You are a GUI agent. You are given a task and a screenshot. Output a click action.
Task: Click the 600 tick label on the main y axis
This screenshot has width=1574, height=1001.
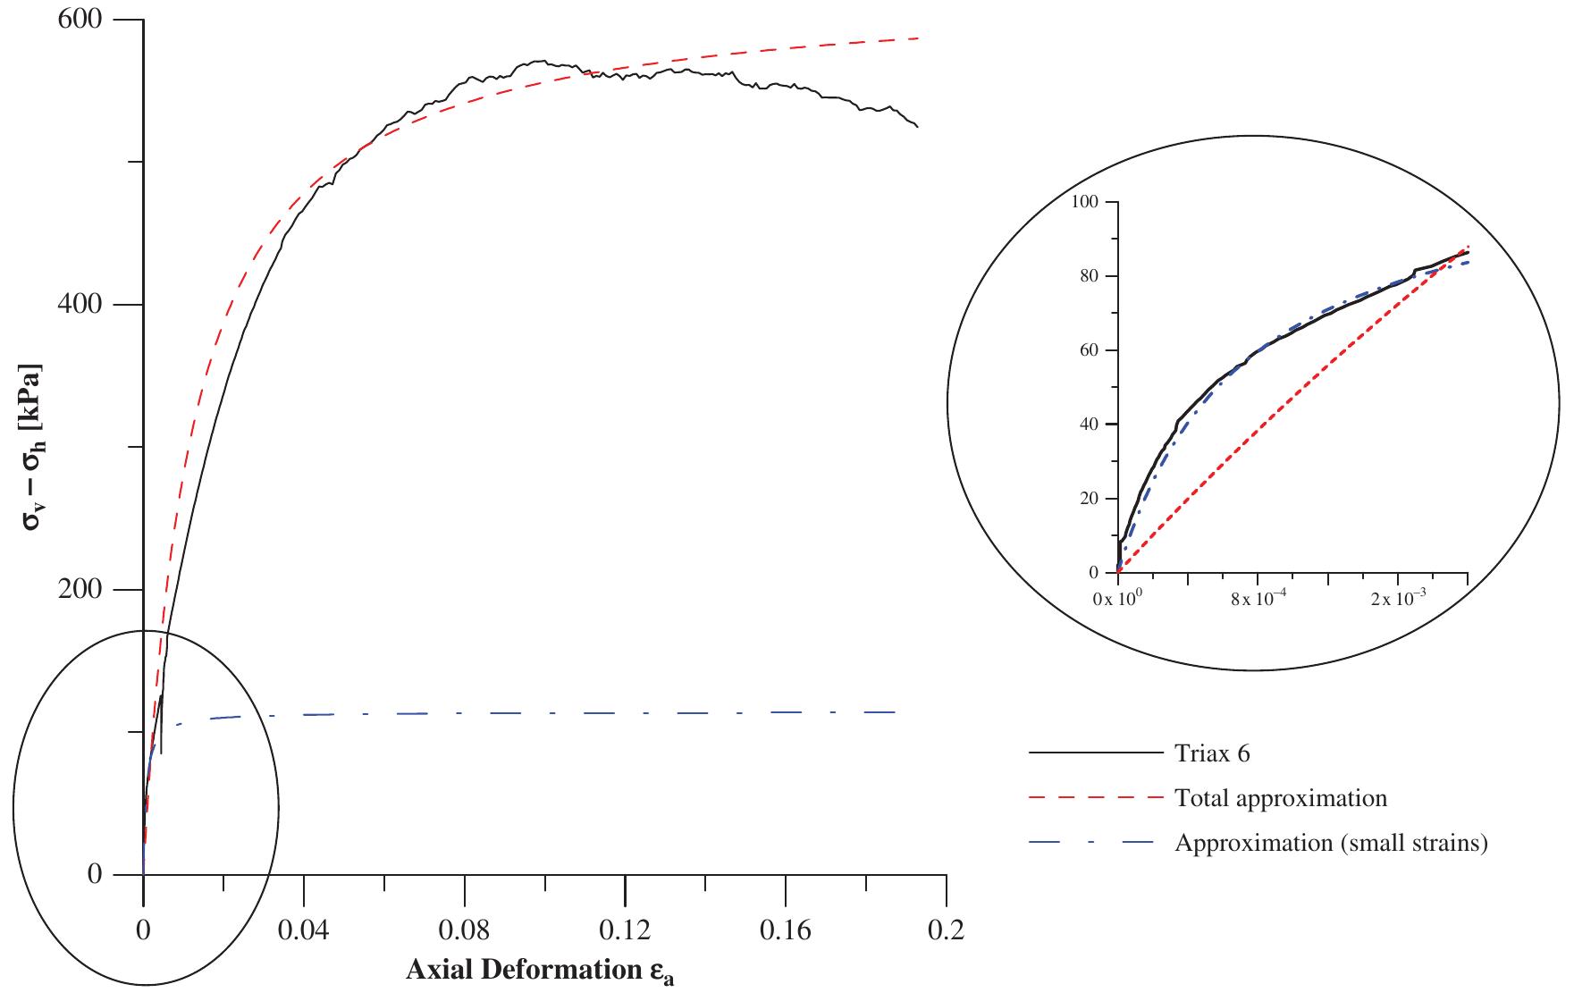pos(81,20)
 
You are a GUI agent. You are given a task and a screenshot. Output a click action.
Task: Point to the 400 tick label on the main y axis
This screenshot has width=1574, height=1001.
pos(81,305)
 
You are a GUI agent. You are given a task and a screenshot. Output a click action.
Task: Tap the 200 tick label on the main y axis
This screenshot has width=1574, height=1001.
pos(81,590)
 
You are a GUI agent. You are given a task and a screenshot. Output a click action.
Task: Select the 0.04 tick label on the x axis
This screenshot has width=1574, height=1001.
pos(303,931)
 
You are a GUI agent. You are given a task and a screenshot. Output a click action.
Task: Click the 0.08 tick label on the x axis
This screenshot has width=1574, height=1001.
pos(464,931)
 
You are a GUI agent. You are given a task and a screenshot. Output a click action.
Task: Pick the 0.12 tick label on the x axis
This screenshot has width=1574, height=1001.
pos(625,931)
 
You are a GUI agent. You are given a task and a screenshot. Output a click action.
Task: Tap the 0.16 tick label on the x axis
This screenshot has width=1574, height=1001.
pos(785,931)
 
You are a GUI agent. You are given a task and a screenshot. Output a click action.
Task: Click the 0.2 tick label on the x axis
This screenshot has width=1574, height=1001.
pos(946,931)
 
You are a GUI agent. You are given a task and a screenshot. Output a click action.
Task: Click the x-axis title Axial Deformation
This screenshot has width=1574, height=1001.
pos(540,971)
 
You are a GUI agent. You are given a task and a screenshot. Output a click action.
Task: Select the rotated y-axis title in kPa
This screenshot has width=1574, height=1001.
pos(33,447)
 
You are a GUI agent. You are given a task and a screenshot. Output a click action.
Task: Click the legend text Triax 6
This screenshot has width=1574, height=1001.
pos(1212,753)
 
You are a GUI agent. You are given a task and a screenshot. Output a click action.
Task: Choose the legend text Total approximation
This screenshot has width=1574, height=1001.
pos(1281,798)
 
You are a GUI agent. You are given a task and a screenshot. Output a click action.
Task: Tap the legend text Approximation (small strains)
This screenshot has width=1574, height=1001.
pos(1331,843)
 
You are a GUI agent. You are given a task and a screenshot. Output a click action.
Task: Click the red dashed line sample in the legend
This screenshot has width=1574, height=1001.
pos(1096,798)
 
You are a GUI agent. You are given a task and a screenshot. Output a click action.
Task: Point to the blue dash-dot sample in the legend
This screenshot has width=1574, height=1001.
pos(1096,843)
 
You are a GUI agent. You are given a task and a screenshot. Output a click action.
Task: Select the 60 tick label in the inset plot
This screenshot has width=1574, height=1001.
pos(1088,350)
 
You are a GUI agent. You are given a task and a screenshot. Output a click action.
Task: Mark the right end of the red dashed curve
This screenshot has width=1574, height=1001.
pos(918,38)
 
